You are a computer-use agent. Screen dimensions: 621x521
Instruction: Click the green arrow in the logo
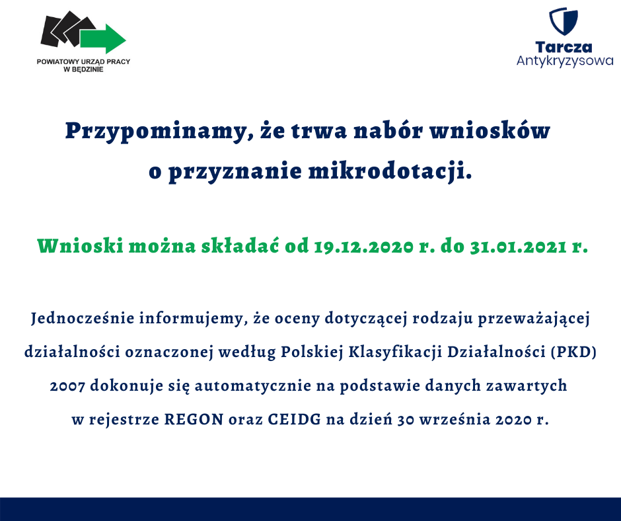click(x=103, y=38)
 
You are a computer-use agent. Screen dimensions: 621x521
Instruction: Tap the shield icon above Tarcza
click(x=563, y=21)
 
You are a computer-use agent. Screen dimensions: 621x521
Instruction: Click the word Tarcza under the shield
click(x=564, y=47)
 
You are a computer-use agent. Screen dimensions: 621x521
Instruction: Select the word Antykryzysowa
click(x=565, y=61)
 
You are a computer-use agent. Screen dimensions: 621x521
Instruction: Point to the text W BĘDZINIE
click(x=83, y=69)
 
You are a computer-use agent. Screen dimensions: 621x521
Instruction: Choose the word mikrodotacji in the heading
click(x=390, y=172)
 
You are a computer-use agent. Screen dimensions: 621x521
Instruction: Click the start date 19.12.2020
click(x=364, y=247)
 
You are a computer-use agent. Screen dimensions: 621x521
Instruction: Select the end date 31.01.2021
click(x=519, y=247)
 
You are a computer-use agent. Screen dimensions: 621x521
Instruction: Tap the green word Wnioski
click(x=81, y=246)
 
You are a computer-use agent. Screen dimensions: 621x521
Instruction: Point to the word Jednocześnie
click(x=83, y=318)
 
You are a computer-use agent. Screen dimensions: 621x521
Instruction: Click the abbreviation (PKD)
click(x=574, y=352)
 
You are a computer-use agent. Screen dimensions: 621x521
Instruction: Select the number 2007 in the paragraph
click(x=67, y=386)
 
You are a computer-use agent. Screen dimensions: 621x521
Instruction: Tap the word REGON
click(x=194, y=419)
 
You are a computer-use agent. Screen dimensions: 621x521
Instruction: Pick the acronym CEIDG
click(x=294, y=419)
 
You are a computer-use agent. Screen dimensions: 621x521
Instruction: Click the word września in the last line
click(x=455, y=419)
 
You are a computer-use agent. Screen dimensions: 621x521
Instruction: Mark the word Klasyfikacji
click(x=395, y=352)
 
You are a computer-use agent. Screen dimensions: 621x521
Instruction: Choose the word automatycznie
click(x=252, y=386)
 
